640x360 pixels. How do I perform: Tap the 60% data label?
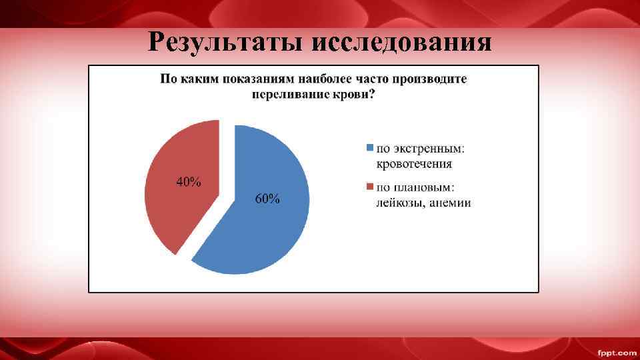click(268, 199)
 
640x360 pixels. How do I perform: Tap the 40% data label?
click(189, 182)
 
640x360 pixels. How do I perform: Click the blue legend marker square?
click(370, 147)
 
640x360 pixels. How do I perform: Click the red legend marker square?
click(370, 187)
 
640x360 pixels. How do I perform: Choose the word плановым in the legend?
click(434, 187)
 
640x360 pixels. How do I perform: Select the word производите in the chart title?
click(428, 79)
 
